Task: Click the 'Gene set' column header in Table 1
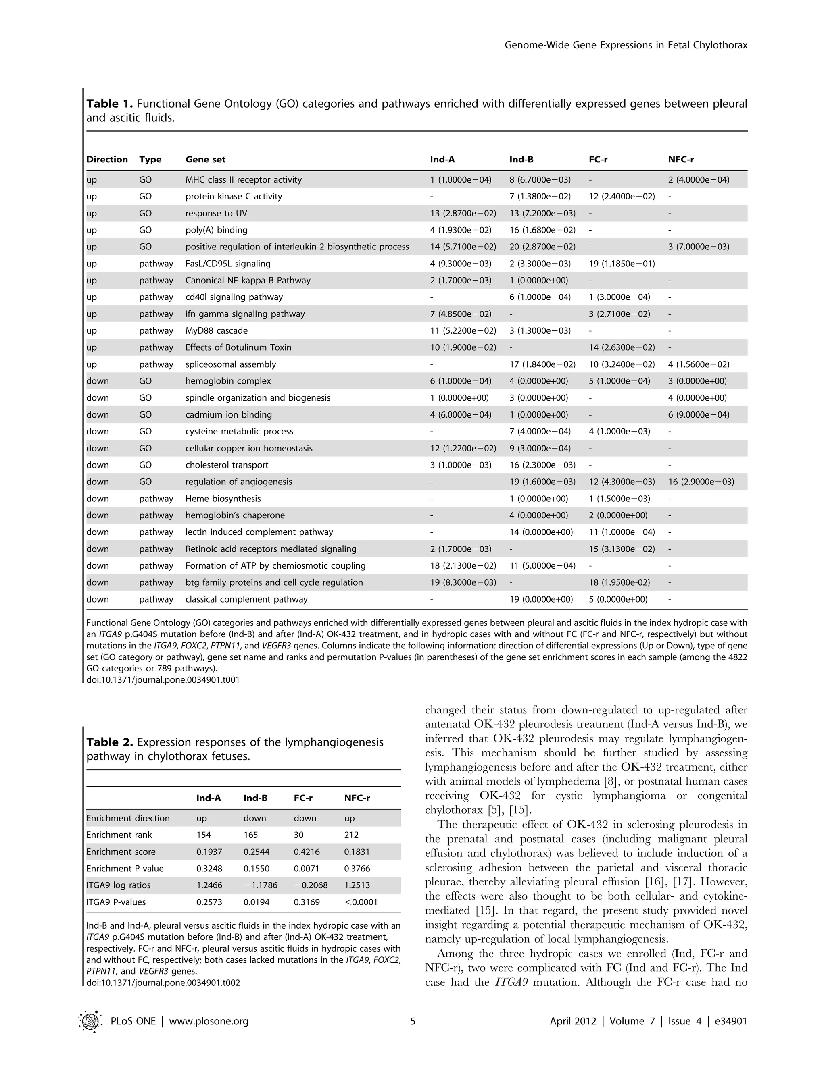click(205, 160)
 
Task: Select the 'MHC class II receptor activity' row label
click(243, 180)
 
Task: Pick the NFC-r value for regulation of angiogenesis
click(701, 482)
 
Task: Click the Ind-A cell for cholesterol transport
click(461, 465)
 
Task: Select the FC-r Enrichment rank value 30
click(298, 835)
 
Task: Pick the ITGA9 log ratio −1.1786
click(261, 885)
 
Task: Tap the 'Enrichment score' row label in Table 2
click(121, 852)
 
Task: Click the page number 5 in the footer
click(413, 1021)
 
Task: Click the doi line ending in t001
click(163, 679)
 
